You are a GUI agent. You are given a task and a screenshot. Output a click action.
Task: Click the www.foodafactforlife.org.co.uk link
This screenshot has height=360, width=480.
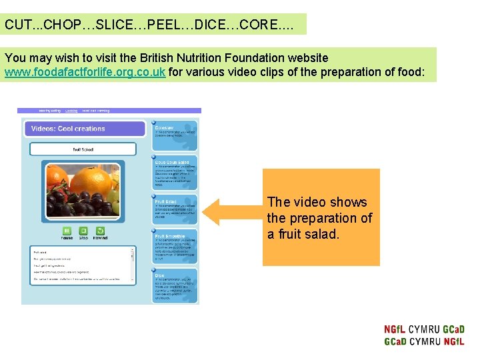tap(85, 72)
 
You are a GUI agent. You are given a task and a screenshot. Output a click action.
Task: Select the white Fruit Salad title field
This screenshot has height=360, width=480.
tap(83, 149)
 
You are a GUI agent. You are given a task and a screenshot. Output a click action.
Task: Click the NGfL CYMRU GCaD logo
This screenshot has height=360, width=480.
tap(424, 335)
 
